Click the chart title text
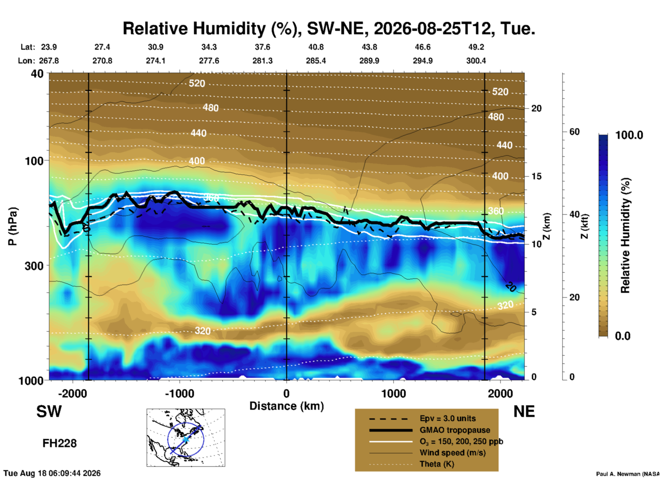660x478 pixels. tap(329, 28)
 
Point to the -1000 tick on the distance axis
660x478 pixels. tap(179, 394)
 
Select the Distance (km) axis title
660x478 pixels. tap(286, 406)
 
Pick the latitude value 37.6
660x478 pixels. tap(262, 47)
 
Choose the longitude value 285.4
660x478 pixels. tap(316, 61)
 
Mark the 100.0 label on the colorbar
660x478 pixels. tap(629, 135)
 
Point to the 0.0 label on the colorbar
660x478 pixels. tap(623, 336)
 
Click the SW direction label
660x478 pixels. tap(49, 411)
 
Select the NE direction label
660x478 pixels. tap(524, 411)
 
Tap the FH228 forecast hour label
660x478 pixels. tap(59, 443)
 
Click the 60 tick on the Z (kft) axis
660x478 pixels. tap(574, 132)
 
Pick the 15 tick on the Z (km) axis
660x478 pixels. tap(536, 176)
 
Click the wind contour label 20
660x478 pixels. tap(511, 287)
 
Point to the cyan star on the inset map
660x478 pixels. tap(185, 439)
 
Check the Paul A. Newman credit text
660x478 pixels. tap(628, 474)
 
